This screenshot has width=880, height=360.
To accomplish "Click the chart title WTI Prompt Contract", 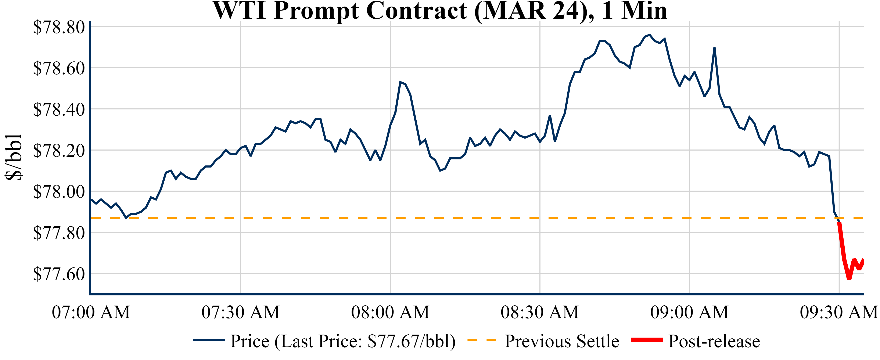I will pos(440,11).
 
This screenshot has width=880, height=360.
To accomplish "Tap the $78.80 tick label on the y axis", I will pos(59,27).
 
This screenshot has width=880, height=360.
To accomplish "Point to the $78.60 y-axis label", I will pos(59,68).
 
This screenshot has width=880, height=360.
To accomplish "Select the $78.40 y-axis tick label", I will pos(59,109).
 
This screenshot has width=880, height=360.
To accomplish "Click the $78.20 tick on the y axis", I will pos(59,151).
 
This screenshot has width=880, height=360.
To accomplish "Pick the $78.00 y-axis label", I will pos(59,192).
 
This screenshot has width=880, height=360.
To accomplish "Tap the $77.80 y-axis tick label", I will pos(59,233).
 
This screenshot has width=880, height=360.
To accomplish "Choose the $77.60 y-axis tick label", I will pos(59,274).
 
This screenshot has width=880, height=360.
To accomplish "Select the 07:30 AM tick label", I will pos(241,312).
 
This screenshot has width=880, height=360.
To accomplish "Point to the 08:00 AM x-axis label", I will pos(390,312).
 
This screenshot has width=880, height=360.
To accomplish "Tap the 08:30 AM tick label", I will pos(540,312).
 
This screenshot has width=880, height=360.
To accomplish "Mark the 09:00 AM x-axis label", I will pos(689,312).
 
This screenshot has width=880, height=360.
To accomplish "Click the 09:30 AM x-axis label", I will pos(839,312).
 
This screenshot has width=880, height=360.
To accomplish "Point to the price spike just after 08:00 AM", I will pos(400,82).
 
